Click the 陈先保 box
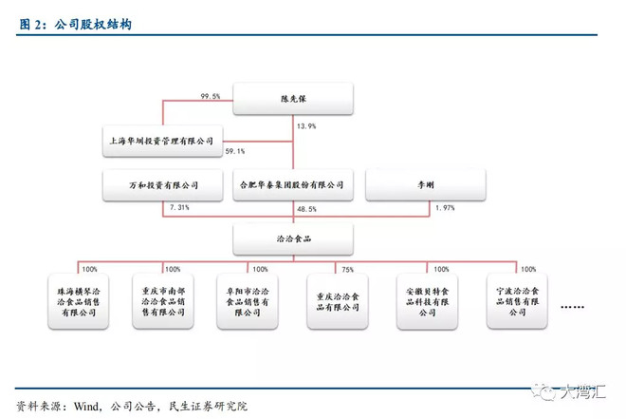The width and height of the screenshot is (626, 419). coord(292,99)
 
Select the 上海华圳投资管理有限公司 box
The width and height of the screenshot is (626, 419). coord(162,139)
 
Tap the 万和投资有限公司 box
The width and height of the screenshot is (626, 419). coord(162,185)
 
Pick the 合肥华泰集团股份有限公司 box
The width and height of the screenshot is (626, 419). coord(293,185)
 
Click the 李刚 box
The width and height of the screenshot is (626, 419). coord(424,185)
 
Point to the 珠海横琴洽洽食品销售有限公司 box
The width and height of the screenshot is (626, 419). coord(79,301)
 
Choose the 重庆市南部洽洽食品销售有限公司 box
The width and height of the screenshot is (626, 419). coord(164,301)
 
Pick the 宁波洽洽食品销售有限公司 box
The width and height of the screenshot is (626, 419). coord(513,301)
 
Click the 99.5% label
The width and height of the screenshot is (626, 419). coord(211,95)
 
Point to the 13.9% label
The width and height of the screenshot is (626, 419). coord(306,125)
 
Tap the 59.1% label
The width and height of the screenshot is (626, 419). coord(235,151)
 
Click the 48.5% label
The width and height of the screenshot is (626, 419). coord(307,208)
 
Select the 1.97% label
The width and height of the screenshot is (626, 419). coord(445,207)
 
